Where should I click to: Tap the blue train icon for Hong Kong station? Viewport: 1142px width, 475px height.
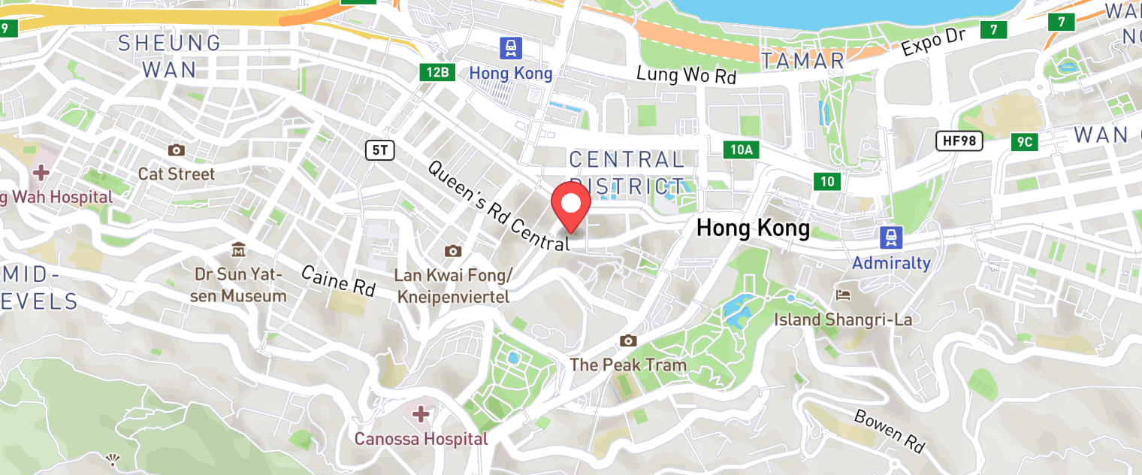click(x=511, y=49)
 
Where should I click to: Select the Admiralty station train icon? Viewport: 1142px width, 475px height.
click(x=890, y=238)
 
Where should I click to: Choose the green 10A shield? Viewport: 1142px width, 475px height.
click(x=741, y=150)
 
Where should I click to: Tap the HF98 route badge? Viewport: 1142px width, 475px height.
click(x=959, y=140)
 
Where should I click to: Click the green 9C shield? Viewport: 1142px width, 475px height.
click(x=1025, y=142)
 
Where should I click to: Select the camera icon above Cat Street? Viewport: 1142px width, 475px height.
click(x=177, y=150)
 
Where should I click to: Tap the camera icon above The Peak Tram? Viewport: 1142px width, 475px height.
click(x=628, y=341)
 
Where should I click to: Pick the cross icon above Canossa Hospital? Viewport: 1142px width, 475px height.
click(x=421, y=414)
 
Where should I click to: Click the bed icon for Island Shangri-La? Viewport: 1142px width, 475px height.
click(x=843, y=294)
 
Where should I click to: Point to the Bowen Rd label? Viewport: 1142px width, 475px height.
click(x=889, y=431)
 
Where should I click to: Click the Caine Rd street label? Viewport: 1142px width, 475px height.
click(x=338, y=280)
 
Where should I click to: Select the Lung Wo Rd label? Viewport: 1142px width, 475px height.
click(x=686, y=74)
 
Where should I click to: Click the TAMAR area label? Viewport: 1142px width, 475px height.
click(x=802, y=61)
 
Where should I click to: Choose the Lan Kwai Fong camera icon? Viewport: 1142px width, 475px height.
click(x=452, y=251)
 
